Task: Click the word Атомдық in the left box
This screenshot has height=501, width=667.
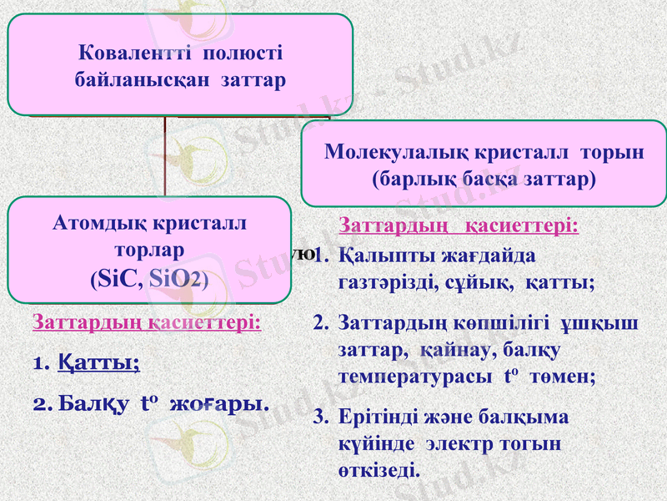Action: tap(93, 223)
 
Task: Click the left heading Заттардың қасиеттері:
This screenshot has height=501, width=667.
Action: tap(146, 322)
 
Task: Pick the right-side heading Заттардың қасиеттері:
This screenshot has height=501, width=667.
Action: tap(459, 226)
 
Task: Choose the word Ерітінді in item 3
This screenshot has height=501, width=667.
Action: tap(376, 417)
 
